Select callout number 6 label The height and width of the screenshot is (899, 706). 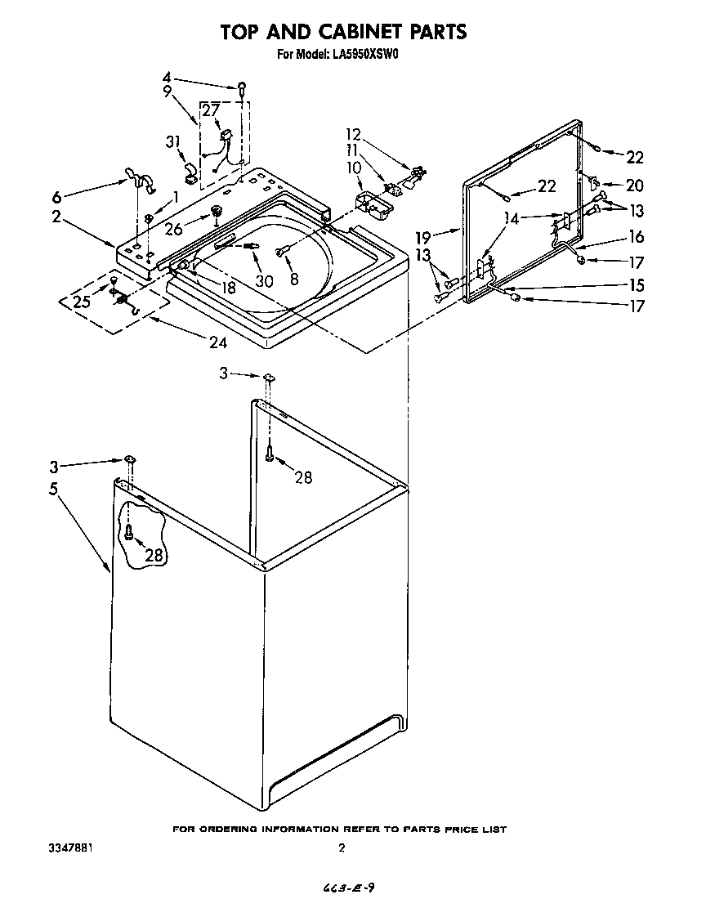[56, 197]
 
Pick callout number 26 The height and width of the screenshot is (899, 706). [173, 229]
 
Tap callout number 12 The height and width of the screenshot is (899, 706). [352, 134]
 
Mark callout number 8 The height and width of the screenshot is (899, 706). [295, 279]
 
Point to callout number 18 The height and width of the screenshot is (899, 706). [228, 288]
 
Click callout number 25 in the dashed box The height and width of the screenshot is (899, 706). [81, 302]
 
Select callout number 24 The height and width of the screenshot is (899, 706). [217, 342]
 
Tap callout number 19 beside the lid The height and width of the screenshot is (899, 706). [422, 237]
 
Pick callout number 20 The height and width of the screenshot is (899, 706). [635, 186]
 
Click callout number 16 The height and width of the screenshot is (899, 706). [635, 237]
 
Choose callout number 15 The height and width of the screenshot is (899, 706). [635, 286]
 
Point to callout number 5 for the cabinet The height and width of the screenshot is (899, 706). [55, 490]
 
